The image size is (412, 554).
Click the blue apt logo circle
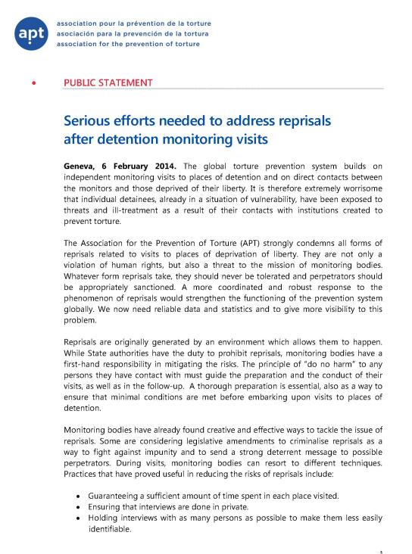pyautogui.click(x=31, y=33)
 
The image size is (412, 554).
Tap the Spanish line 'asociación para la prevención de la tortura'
pyautogui.click(x=129, y=33)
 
